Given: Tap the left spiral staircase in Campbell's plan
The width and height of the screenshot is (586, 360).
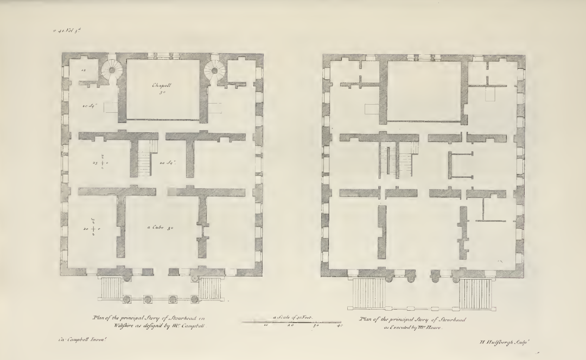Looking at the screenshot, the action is (x=115, y=70).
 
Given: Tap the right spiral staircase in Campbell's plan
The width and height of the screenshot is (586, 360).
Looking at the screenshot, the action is (x=214, y=70).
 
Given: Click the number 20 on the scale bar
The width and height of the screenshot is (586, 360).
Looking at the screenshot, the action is (x=290, y=326).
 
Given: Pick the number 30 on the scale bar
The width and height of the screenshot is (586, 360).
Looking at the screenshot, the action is (x=316, y=326).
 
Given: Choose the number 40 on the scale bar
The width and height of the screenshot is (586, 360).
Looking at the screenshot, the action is (x=340, y=326).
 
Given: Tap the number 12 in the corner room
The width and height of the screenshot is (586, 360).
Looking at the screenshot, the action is (x=83, y=70).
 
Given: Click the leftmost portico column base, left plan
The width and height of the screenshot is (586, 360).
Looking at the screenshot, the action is (x=126, y=299).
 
